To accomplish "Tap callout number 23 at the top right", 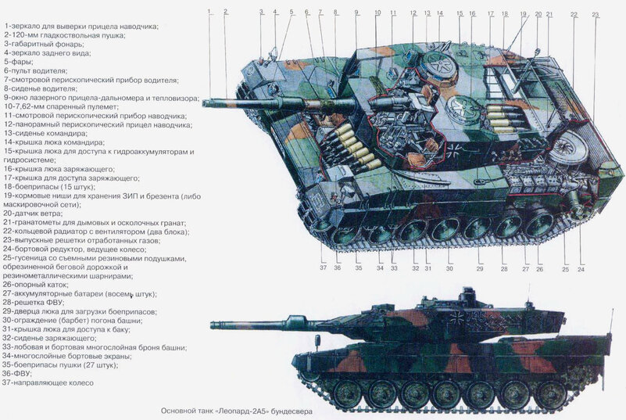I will pyautogui.click(x=596, y=15).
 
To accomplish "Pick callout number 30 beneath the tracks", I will pyautogui.click(x=449, y=268).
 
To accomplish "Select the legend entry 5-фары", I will pyautogui.click(x=17, y=61).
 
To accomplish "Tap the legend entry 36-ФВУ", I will pyautogui.click(x=19, y=373).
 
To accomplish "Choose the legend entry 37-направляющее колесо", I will pyautogui.click(x=48, y=382).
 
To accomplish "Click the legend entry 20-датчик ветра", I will pyautogui.click(x=36, y=212).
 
